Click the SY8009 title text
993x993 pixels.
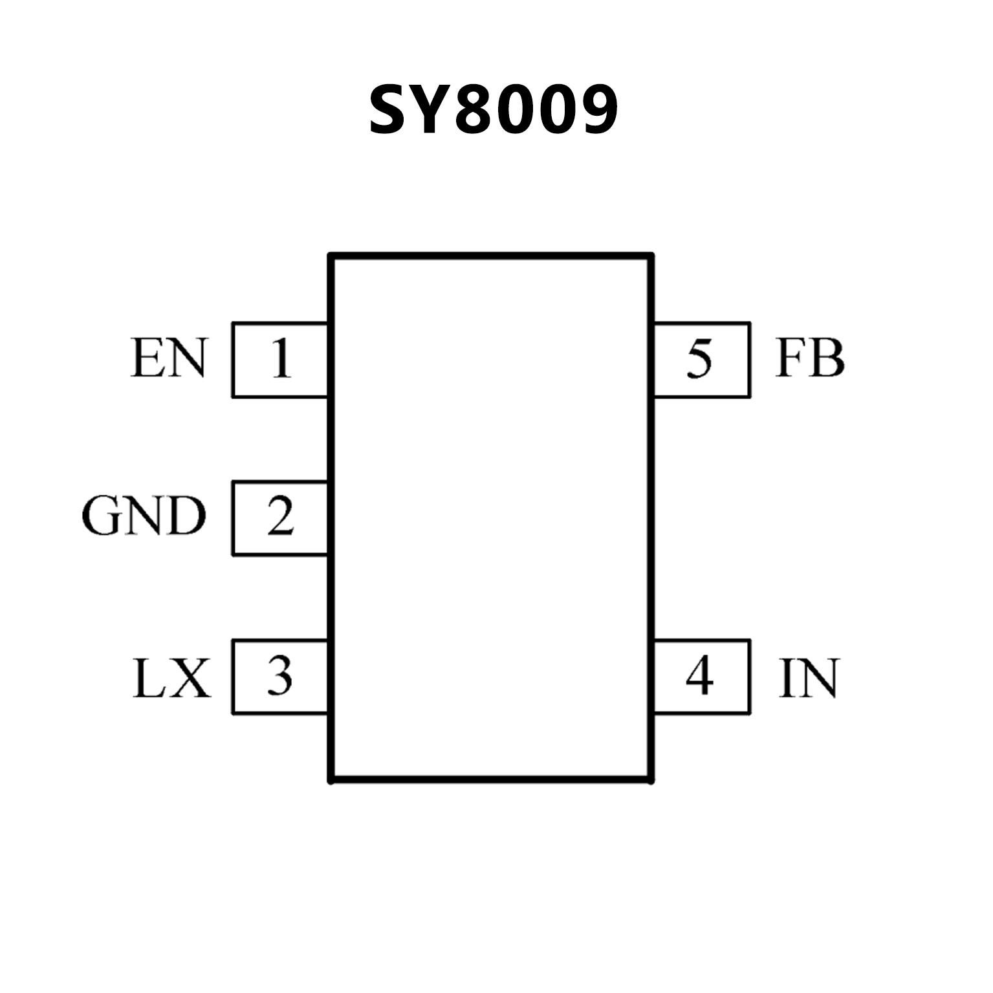pyautogui.click(x=493, y=111)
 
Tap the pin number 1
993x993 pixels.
pyautogui.click(x=280, y=359)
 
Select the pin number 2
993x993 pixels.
pyautogui.click(x=280, y=518)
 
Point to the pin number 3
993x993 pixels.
pyautogui.click(x=280, y=676)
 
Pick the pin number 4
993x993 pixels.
pyautogui.click(x=699, y=676)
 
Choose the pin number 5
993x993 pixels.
pyautogui.click(x=699, y=359)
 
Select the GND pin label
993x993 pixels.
pyautogui.click(x=144, y=517)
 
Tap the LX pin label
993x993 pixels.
pyautogui.click(x=171, y=678)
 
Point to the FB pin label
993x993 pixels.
pyautogui.click(x=810, y=358)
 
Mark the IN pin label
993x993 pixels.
pyautogui.click(x=809, y=678)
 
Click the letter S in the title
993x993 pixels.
pyautogui.click(x=390, y=111)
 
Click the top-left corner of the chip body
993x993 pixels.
pyautogui.click(x=331, y=256)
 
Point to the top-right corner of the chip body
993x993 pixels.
pyautogui.click(x=651, y=256)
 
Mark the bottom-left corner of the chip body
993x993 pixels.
pyautogui.click(x=331, y=780)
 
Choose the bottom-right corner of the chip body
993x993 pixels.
pyautogui.click(x=651, y=780)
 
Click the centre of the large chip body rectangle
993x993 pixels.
pyautogui.click(x=492, y=518)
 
